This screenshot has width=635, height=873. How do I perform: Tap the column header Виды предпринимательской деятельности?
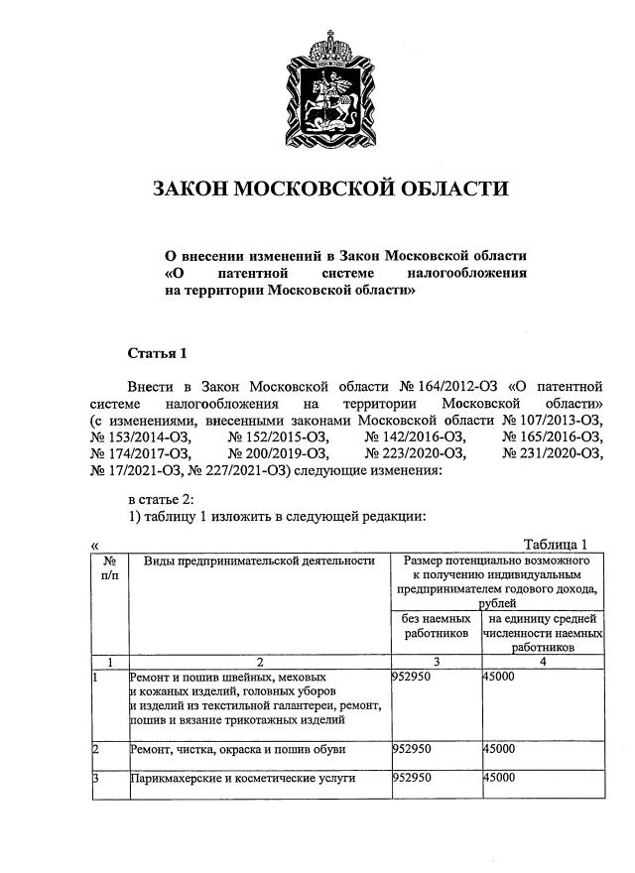click(260, 561)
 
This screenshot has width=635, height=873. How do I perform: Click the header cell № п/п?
click(109, 567)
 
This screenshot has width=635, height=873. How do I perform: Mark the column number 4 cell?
click(542, 661)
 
